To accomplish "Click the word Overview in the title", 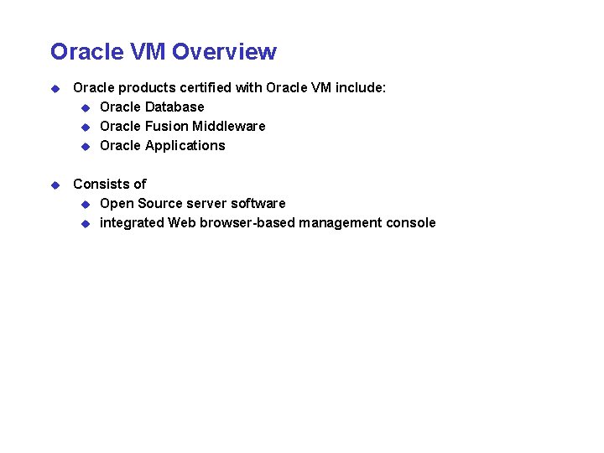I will pyautogui.click(x=225, y=52).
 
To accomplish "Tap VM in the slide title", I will pyautogui.click(x=148, y=52).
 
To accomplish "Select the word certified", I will pyautogui.click(x=207, y=88).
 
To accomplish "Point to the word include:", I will pyautogui.click(x=361, y=88).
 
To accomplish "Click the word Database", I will pyautogui.click(x=174, y=107).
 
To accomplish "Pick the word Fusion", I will pyautogui.click(x=166, y=127).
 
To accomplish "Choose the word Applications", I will pyautogui.click(x=185, y=146).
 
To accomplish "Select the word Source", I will pyautogui.click(x=159, y=204).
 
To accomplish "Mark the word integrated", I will pyautogui.click(x=132, y=223).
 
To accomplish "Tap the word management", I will pyautogui.click(x=339, y=223).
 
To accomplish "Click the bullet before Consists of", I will pyautogui.click(x=55, y=185).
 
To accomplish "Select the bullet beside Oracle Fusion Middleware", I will pyautogui.click(x=86, y=127).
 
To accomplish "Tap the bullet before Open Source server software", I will pyautogui.click(x=86, y=204).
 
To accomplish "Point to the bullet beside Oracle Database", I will pyautogui.click(x=86, y=107).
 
